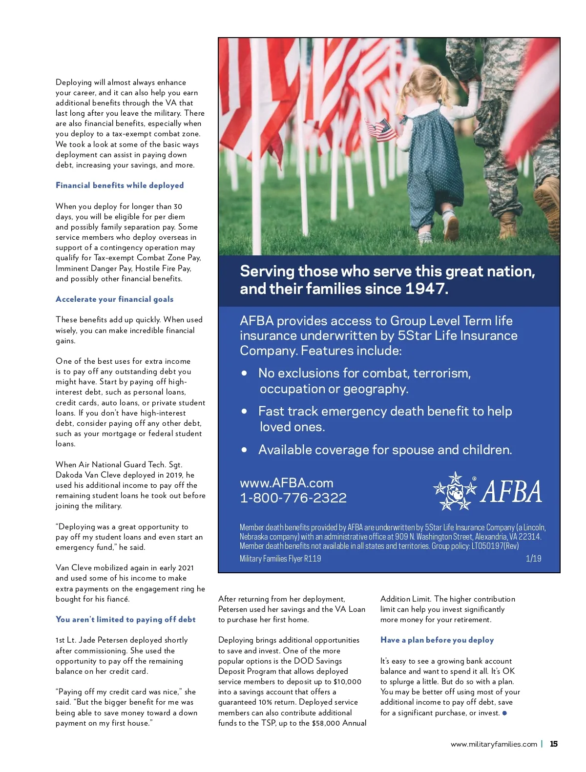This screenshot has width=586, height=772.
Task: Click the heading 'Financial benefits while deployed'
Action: pyautogui.click(x=120, y=186)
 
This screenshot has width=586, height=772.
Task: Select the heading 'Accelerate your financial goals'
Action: pyautogui.click(x=114, y=299)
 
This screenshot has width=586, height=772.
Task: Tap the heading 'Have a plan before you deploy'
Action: pyautogui.click(x=437, y=640)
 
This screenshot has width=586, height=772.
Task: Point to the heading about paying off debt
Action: pyautogui.click(x=126, y=620)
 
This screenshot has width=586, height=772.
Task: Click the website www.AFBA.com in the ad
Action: pyautogui.click(x=286, y=483)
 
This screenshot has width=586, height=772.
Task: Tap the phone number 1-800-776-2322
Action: pyautogui.click(x=293, y=498)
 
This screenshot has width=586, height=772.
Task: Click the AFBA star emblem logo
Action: pyautogui.click(x=455, y=491)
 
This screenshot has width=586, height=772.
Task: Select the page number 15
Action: pyautogui.click(x=554, y=744)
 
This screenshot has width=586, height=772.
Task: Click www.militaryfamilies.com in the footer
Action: pyautogui.click(x=494, y=744)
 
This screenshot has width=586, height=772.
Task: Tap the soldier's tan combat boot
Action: pyautogui.click(x=508, y=226)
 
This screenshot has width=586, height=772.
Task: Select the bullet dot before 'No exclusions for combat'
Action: pyautogui.click(x=244, y=374)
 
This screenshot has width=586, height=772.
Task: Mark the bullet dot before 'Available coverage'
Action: pyautogui.click(x=244, y=450)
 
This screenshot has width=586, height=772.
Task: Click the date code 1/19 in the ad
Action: pyautogui.click(x=533, y=558)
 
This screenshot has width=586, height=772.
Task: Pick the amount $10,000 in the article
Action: pyautogui.click(x=347, y=682)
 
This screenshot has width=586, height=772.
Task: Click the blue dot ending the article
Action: pyautogui.click(x=504, y=713)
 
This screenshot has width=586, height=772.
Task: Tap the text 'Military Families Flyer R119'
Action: pyautogui.click(x=280, y=559)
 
